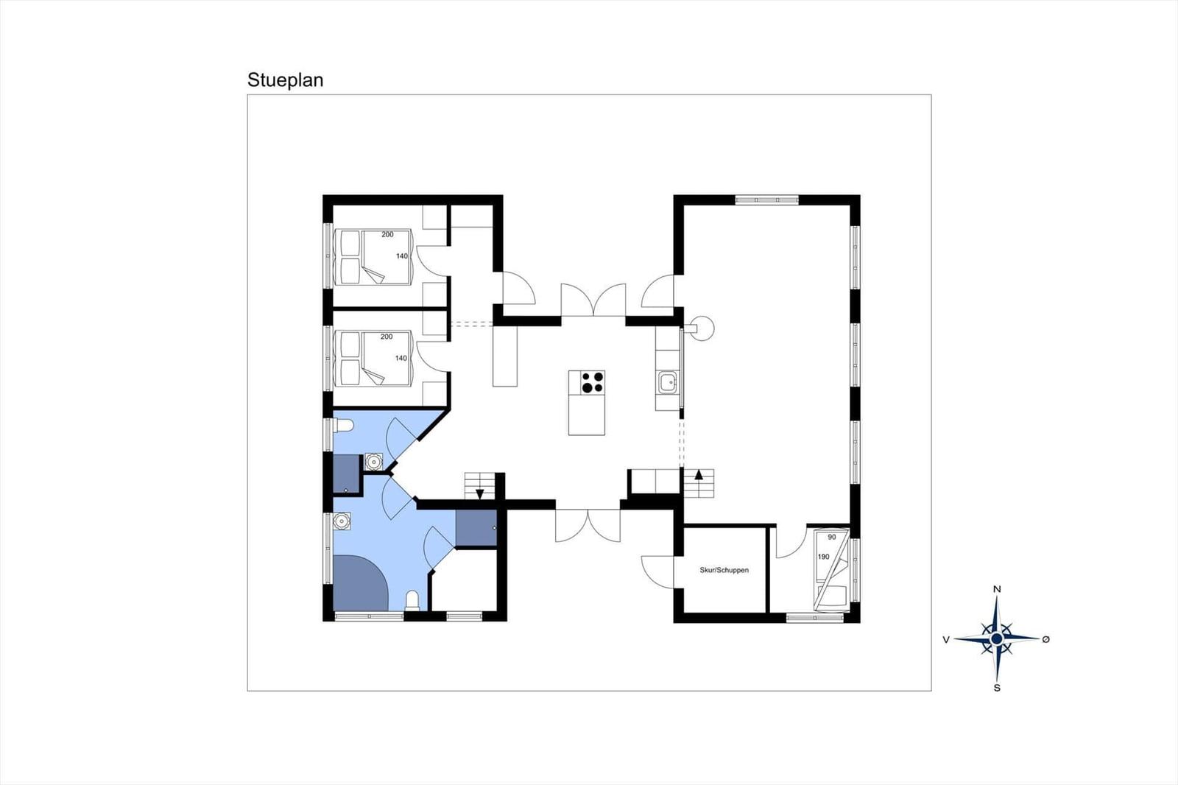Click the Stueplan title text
[285, 80]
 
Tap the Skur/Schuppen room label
[724, 570]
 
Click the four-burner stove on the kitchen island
[593, 382]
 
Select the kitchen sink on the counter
[668, 382]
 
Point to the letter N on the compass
[997, 589]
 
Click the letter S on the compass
[997, 688]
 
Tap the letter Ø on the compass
[1046, 639]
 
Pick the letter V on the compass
[946, 640]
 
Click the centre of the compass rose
[997, 638]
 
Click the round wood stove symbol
[702, 328]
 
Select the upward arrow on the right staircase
[699, 474]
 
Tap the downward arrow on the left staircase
[479, 493]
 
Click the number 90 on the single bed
[831, 537]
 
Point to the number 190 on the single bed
[824, 557]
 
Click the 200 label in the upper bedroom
[387, 235]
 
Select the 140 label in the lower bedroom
[401, 359]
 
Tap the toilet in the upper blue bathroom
[343, 425]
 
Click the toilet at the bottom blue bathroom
[412, 600]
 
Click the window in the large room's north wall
[766, 200]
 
